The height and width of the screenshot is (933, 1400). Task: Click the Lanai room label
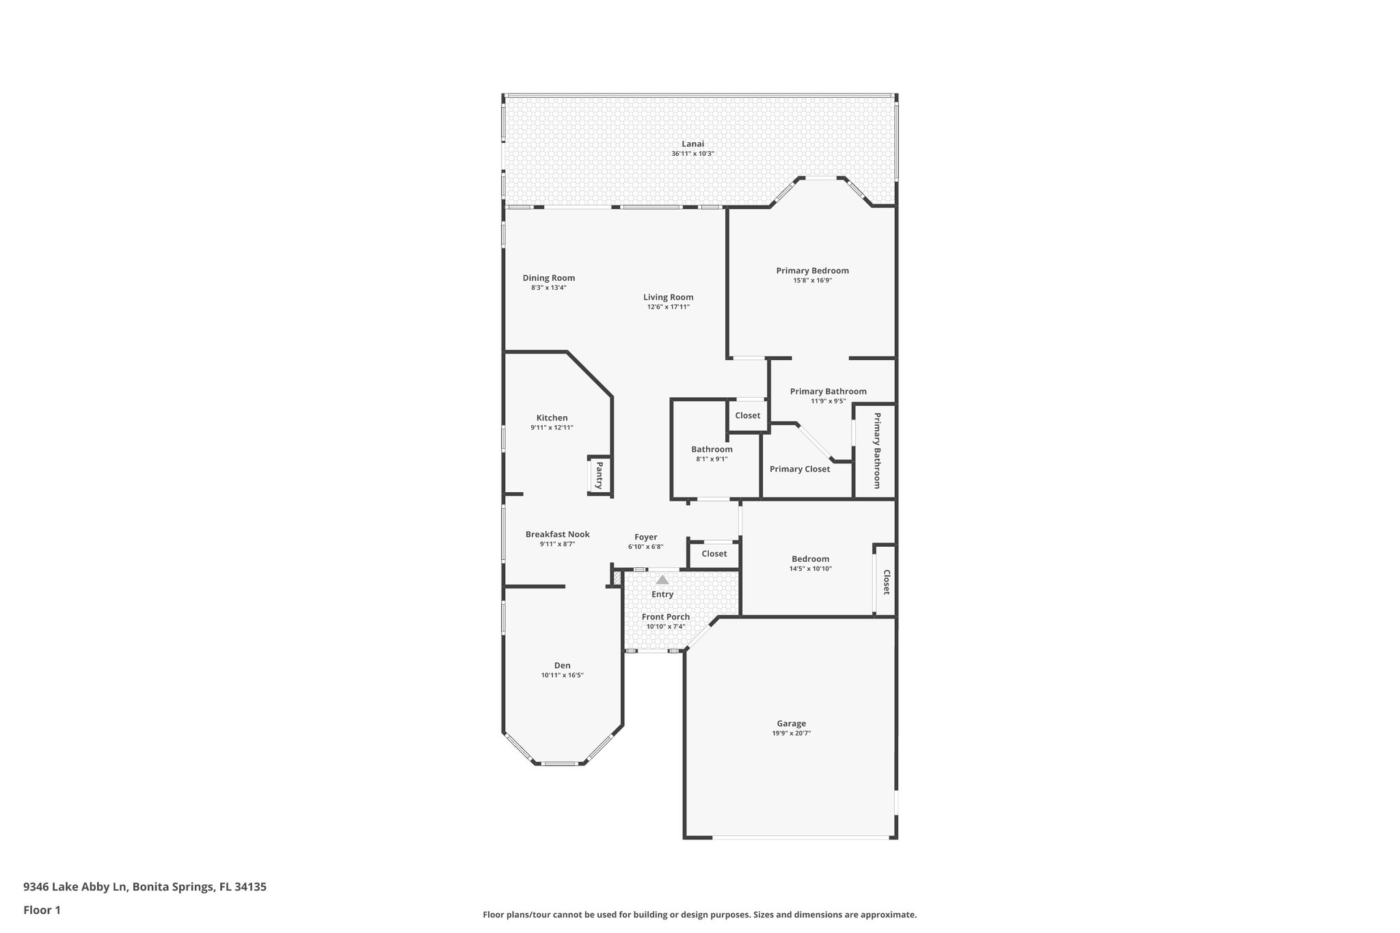click(692, 144)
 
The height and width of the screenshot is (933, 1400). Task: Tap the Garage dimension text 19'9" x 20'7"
click(791, 733)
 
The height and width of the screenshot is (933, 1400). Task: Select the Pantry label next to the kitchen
click(599, 475)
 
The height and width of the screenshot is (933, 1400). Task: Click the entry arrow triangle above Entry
click(662, 580)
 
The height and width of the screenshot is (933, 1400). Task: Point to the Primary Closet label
click(800, 469)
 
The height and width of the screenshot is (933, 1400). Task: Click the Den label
click(562, 665)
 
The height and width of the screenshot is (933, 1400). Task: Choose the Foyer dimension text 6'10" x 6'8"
click(645, 547)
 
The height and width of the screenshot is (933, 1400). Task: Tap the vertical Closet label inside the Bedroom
click(886, 582)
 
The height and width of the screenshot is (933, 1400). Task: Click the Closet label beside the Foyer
click(714, 554)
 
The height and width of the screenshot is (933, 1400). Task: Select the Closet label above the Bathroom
click(747, 416)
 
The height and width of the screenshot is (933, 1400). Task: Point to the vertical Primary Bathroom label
click(876, 450)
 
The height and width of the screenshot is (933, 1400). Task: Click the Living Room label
click(668, 297)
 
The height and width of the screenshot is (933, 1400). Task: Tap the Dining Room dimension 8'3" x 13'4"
click(548, 288)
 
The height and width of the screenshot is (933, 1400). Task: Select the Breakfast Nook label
click(557, 535)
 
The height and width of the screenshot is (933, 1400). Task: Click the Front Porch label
click(665, 617)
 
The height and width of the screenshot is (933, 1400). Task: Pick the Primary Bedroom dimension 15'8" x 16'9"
click(812, 280)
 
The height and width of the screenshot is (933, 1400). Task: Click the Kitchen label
click(552, 418)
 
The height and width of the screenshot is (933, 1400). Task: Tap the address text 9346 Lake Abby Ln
click(75, 887)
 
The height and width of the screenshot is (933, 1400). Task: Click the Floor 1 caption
click(42, 910)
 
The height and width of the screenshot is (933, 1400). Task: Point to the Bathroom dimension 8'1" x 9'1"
click(712, 459)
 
